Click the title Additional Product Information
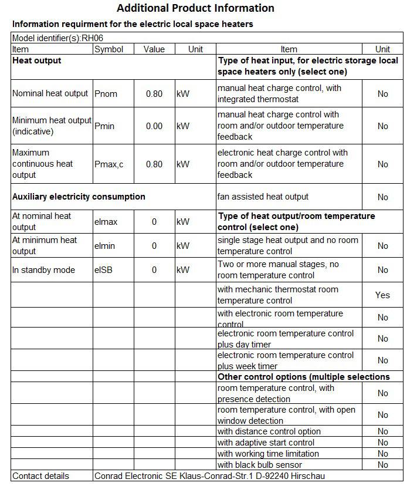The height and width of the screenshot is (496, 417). click(195, 8)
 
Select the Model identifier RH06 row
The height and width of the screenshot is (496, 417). click(58, 38)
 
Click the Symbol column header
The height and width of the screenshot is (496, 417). click(109, 49)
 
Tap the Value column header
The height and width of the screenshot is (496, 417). click(154, 49)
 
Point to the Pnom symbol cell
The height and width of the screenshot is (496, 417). click(107, 94)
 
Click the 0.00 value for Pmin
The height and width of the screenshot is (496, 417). click(154, 126)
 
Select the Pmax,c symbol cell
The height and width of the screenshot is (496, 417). click(109, 164)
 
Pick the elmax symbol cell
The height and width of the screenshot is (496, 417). click(106, 222)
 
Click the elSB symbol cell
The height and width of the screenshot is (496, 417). click(104, 270)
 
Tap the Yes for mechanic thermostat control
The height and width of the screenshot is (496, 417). click(382, 295)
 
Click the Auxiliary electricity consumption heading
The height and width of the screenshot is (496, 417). click(79, 197)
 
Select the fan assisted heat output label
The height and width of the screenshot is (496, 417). click(263, 197)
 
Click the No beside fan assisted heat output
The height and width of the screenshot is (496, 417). click(382, 197)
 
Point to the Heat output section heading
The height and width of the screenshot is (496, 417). click(37, 60)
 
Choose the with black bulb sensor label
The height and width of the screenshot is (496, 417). click(260, 465)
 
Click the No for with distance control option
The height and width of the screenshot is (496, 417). click(382, 432)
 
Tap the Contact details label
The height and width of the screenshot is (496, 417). click(40, 476)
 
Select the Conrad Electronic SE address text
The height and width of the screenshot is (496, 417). click(209, 476)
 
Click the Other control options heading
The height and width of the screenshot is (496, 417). click(303, 377)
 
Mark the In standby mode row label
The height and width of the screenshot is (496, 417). click(44, 270)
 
